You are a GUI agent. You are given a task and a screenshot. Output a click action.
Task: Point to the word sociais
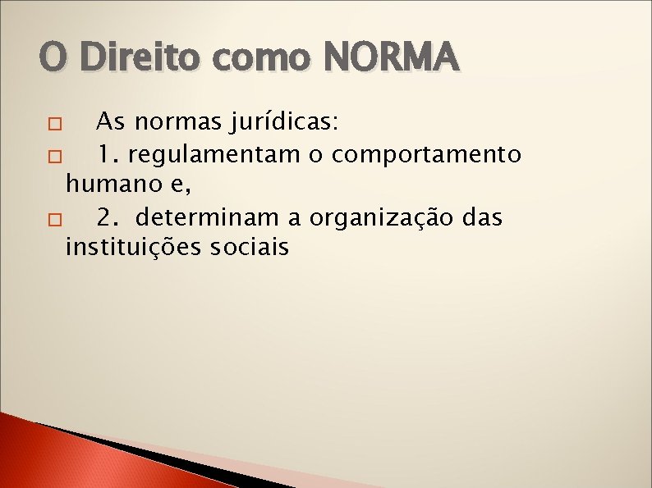click(x=250, y=247)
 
